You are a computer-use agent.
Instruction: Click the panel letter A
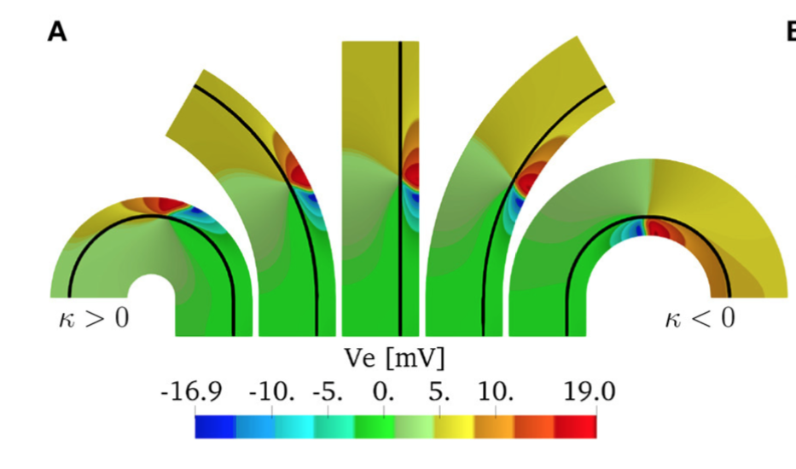(x=56, y=32)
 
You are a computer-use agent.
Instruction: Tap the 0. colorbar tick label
(x=384, y=392)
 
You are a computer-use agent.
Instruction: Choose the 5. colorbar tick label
(x=440, y=392)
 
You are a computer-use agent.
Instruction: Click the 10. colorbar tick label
(x=496, y=392)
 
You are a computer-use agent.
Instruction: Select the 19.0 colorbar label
(x=589, y=392)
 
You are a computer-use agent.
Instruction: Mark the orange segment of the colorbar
(x=495, y=426)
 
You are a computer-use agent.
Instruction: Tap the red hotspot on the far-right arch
(x=657, y=229)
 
